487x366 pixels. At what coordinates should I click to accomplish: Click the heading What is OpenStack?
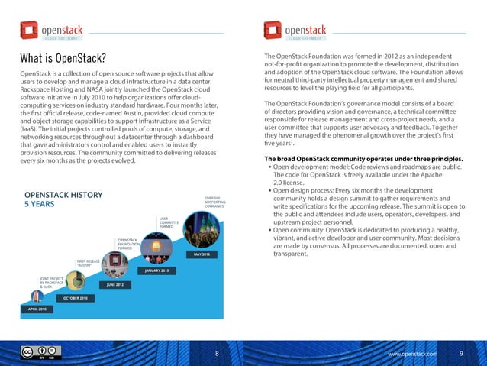click(63, 60)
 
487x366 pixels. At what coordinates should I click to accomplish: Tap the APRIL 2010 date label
click(37, 310)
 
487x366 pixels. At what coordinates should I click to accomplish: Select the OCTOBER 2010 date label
click(75, 297)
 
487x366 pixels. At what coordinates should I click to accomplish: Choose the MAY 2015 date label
click(202, 254)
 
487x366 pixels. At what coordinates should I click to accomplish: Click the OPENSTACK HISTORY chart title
click(63, 195)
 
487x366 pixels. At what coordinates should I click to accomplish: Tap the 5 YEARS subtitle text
click(39, 205)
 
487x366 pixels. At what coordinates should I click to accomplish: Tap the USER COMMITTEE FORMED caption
click(169, 222)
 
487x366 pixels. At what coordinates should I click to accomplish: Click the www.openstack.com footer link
click(413, 355)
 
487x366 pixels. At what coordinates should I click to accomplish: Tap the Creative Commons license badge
click(37, 354)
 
